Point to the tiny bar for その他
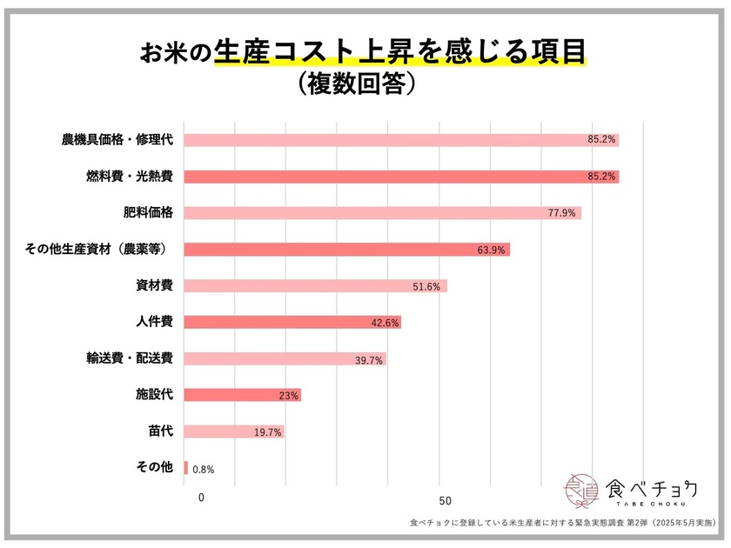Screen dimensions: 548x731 (x=186, y=468)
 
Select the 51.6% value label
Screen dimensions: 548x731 (x=429, y=286)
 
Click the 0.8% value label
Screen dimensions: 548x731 (x=203, y=470)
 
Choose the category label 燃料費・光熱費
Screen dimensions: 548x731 (x=129, y=177)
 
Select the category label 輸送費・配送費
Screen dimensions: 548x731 (x=129, y=358)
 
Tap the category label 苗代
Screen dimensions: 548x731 (x=160, y=431)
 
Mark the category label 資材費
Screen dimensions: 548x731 (x=154, y=285)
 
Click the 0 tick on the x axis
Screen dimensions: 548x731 (x=201, y=498)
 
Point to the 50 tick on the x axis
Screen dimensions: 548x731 (x=445, y=500)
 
